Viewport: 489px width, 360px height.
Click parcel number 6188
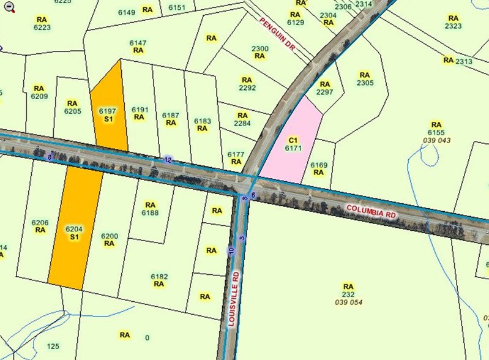coord(151,213)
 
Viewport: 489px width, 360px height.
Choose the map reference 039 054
coord(348,302)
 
